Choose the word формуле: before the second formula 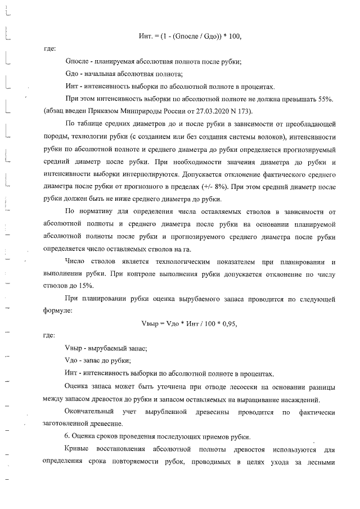[57, 310]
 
